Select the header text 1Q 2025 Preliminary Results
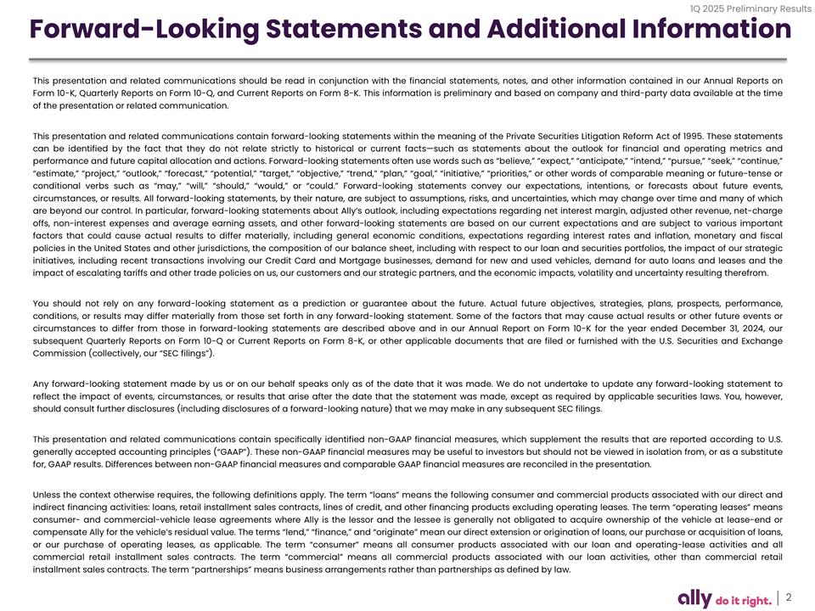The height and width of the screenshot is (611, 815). point(751,8)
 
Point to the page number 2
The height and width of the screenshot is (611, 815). point(790,597)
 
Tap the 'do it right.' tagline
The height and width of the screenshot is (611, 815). point(745,600)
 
